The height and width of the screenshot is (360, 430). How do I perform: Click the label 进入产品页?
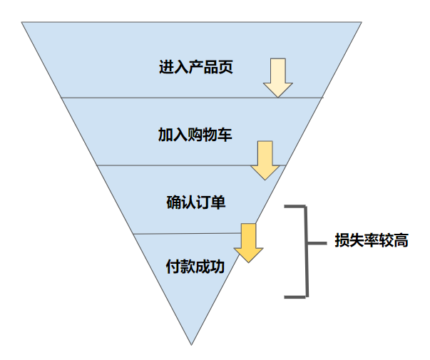(196, 68)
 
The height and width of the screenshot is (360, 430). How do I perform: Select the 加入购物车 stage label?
(195, 135)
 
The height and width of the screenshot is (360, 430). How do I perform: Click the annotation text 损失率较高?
(372, 241)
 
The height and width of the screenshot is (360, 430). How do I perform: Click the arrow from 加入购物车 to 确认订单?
(265, 160)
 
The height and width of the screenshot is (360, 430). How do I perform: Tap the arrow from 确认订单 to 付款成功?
(249, 242)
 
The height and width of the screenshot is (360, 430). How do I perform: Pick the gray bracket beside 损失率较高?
(306, 250)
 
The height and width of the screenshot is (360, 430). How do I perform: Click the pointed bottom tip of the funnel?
(192, 344)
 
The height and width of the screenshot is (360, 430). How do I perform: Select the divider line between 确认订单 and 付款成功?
(178, 233)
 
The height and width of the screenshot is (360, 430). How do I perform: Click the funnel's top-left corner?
(22, 23)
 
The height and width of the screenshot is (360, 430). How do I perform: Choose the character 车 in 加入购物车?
(225, 135)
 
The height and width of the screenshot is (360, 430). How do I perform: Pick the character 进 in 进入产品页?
(166, 68)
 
